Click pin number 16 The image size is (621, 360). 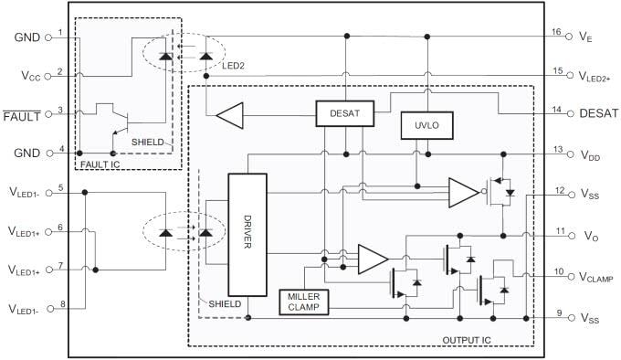click(555, 31)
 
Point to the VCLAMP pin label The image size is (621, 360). click(597, 276)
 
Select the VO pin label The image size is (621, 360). click(589, 235)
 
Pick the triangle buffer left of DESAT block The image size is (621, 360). click(229, 115)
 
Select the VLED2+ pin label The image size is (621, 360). click(597, 76)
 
